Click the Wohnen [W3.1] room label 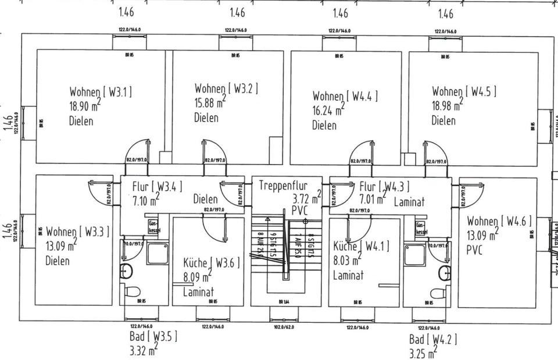pyautogui.click(x=101, y=92)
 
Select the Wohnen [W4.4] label pyautogui.click(x=345, y=97)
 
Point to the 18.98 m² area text pyautogui.click(x=447, y=106)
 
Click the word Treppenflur pyautogui.click(x=282, y=186)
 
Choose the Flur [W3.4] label pyautogui.click(x=157, y=187)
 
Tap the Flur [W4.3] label pyautogui.click(x=384, y=187)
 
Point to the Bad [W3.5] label pyautogui.click(x=153, y=337)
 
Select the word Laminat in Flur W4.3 pyautogui.click(x=409, y=202)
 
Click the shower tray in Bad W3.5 pyautogui.click(x=156, y=252)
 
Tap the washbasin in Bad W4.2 pyautogui.click(x=445, y=273)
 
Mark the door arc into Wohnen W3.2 pyautogui.click(x=212, y=148)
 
